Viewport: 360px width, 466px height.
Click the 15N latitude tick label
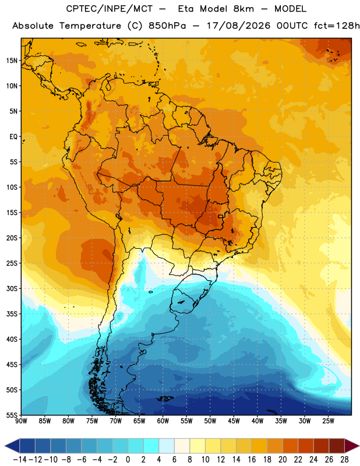pyautogui.click(x=12, y=61)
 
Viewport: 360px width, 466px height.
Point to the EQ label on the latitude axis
pyautogui.click(x=13, y=137)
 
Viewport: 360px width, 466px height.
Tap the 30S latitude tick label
pyautogui.click(x=12, y=288)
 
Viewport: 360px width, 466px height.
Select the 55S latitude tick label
pyautogui.click(x=12, y=415)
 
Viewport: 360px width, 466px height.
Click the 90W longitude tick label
pyautogui.click(x=21, y=421)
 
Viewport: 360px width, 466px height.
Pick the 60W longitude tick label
pyautogui.click(x=163, y=421)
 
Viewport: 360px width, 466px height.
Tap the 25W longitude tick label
pyautogui.click(x=328, y=421)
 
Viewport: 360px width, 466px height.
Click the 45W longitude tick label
pyautogui.click(x=234, y=421)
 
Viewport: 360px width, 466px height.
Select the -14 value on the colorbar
pyautogui.click(x=20, y=460)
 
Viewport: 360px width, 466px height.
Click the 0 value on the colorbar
pyautogui.click(x=128, y=460)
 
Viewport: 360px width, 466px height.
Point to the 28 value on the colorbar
pyautogui.click(x=344, y=460)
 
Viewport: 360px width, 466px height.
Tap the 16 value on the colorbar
pyautogui.click(x=252, y=460)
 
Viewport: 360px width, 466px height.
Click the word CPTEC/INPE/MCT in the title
pyautogui.click(x=110, y=9)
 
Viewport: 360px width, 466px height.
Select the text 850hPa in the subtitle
pyautogui.click(x=167, y=26)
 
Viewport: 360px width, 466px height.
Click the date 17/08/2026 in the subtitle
pyautogui.click(x=238, y=26)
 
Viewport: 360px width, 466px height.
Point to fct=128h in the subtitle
pyautogui.click(x=337, y=26)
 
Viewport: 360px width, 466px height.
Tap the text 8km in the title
pyautogui.click(x=243, y=9)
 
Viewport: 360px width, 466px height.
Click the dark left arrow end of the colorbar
pyautogui.click(x=12, y=446)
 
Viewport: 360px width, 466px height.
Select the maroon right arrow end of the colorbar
pyautogui.click(x=352, y=446)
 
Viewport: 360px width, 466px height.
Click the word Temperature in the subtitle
pyautogui.click(x=90, y=26)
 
